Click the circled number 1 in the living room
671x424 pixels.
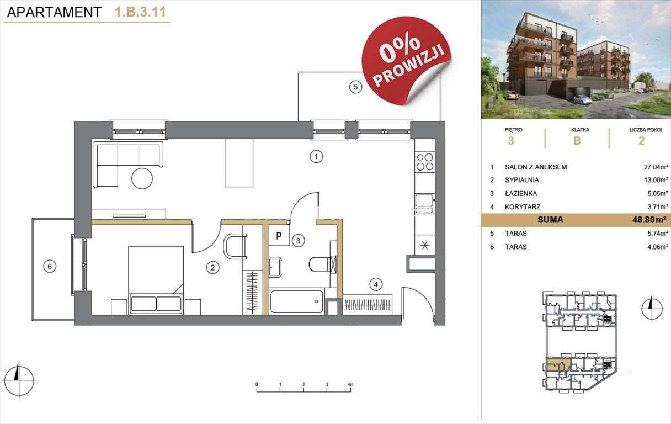pos(316,156)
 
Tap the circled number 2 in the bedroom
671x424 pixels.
pos(212,267)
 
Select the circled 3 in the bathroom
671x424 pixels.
pos(298,241)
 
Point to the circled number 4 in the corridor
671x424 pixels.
pos(376,284)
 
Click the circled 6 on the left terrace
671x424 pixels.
pos(50,267)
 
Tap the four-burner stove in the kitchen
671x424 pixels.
pos(425,162)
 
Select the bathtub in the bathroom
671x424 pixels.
pos(296,301)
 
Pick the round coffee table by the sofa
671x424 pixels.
pos(142,178)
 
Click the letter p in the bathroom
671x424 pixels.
pos(279,235)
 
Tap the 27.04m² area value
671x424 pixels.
pos(656,167)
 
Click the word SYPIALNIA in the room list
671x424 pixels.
pos(522,180)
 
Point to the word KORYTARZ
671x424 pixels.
pos(523,207)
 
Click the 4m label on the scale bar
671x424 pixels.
pos(350,384)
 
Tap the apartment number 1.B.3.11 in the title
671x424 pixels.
pos(140,12)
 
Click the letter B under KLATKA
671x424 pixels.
pos(577,141)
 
